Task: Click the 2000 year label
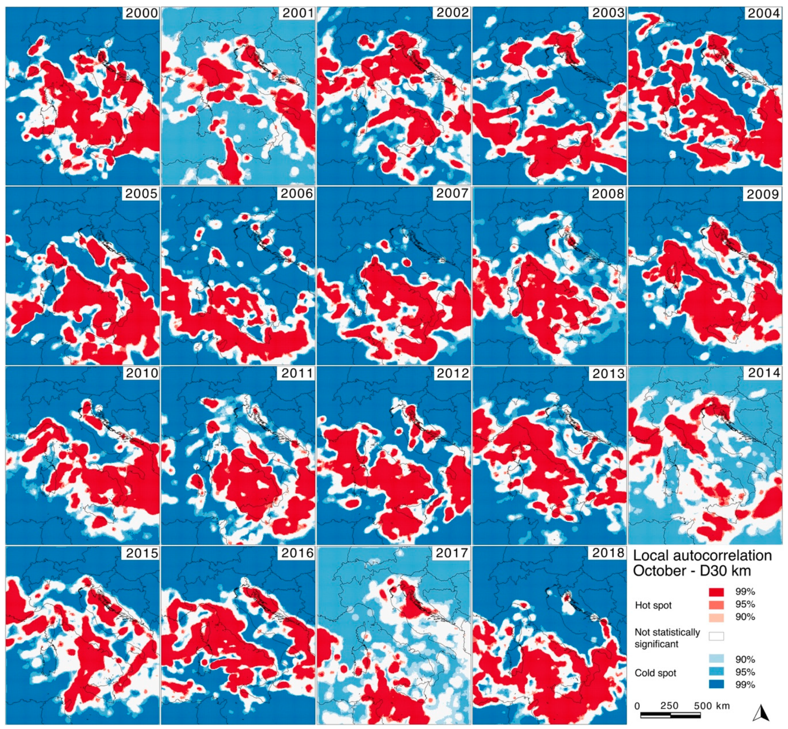pos(141,13)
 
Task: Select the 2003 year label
pos(608,13)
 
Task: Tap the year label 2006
pos(297,193)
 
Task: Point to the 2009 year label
pos(763,194)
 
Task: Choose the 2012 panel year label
pos(452,373)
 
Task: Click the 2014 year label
pos(763,373)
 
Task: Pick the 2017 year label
pos(452,553)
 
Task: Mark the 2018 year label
pos(608,553)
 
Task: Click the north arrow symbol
pos(762,713)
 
